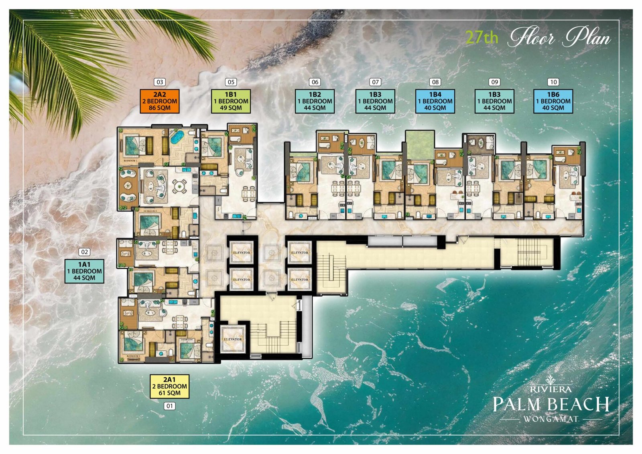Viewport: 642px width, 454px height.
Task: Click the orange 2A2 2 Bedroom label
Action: (160, 101)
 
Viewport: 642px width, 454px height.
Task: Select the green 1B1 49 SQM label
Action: (231, 101)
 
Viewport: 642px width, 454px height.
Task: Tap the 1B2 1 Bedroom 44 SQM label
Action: (315, 101)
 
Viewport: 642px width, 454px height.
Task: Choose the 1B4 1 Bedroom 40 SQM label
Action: (435, 101)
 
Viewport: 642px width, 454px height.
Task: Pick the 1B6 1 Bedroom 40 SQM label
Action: (553, 101)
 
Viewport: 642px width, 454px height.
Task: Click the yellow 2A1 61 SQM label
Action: (169, 386)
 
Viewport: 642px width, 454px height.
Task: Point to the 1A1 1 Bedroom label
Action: (84, 271)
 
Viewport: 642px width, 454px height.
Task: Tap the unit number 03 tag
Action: (160, 82)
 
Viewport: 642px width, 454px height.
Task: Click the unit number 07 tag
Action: (375, 82)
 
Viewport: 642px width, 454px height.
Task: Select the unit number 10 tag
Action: (553, 82)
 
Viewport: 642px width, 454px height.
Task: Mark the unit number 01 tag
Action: (170, 406)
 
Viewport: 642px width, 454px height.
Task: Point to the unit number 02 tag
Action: (84, 252)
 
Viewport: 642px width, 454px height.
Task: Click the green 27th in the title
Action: (482, 37)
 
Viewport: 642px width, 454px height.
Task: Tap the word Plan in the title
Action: (588, 38)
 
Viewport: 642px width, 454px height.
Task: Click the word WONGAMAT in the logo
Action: (551, 419)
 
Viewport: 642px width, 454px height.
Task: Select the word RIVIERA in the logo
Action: (551, 389)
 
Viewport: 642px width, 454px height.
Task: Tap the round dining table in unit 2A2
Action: (179, 186)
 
